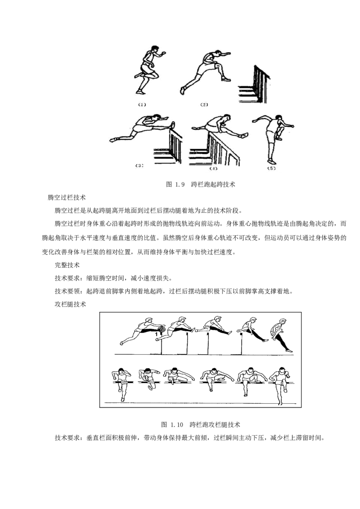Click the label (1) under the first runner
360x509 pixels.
142,104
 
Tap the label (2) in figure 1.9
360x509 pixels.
204,104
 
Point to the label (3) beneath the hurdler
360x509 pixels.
139,165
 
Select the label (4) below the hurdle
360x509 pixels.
213,169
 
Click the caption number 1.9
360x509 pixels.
180,185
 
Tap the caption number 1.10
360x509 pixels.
177,424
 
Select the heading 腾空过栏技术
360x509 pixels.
67,197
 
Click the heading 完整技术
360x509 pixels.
67,265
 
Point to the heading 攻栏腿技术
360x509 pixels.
70,304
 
